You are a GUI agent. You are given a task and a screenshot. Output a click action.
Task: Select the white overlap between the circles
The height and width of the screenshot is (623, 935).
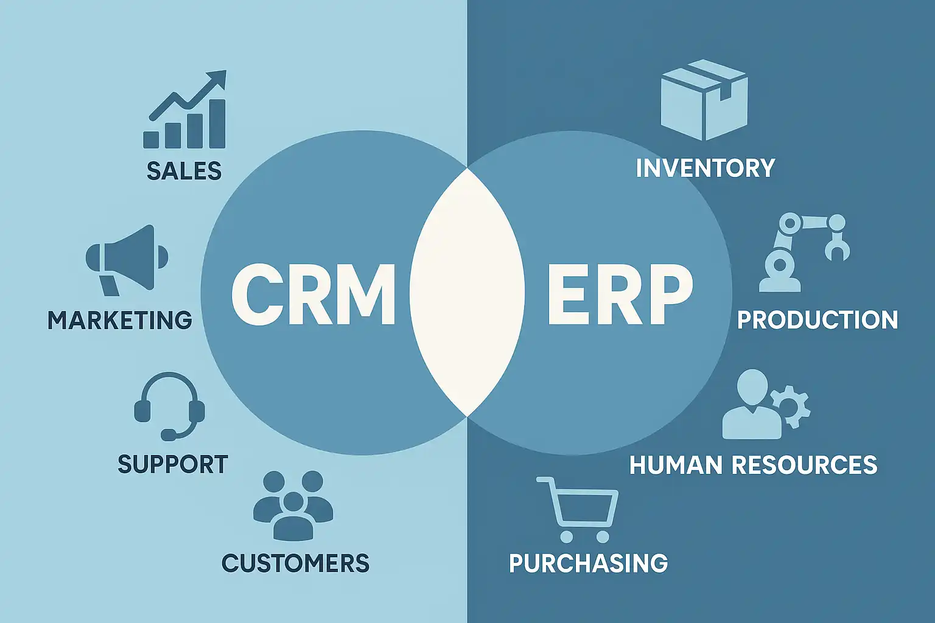coord(467,292)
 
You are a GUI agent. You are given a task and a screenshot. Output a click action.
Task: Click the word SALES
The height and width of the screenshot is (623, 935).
coord(184,171)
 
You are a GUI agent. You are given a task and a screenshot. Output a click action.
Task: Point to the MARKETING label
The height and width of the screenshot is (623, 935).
coord(120,320)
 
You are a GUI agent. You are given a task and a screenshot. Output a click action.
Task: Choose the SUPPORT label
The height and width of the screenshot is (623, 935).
coord(173,464)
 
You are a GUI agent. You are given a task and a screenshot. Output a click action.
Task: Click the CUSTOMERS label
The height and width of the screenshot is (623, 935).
coord(295,563)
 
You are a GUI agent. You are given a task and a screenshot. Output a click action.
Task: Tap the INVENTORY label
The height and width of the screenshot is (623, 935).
coord(705,168)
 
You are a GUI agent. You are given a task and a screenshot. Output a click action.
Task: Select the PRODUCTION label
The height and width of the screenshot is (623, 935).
coord(818,320)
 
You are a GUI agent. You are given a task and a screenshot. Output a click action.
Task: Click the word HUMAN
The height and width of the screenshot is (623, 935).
coord(676,465)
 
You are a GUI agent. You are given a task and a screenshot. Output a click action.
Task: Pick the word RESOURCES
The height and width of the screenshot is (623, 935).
coord(804,465)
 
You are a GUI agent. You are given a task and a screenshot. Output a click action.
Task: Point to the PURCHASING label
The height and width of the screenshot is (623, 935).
coord(588,563)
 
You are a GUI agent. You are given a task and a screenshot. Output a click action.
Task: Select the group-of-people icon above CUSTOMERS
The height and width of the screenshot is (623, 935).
coord(293,505)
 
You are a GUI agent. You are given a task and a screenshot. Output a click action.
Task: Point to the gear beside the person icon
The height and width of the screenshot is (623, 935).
coord(791,405)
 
